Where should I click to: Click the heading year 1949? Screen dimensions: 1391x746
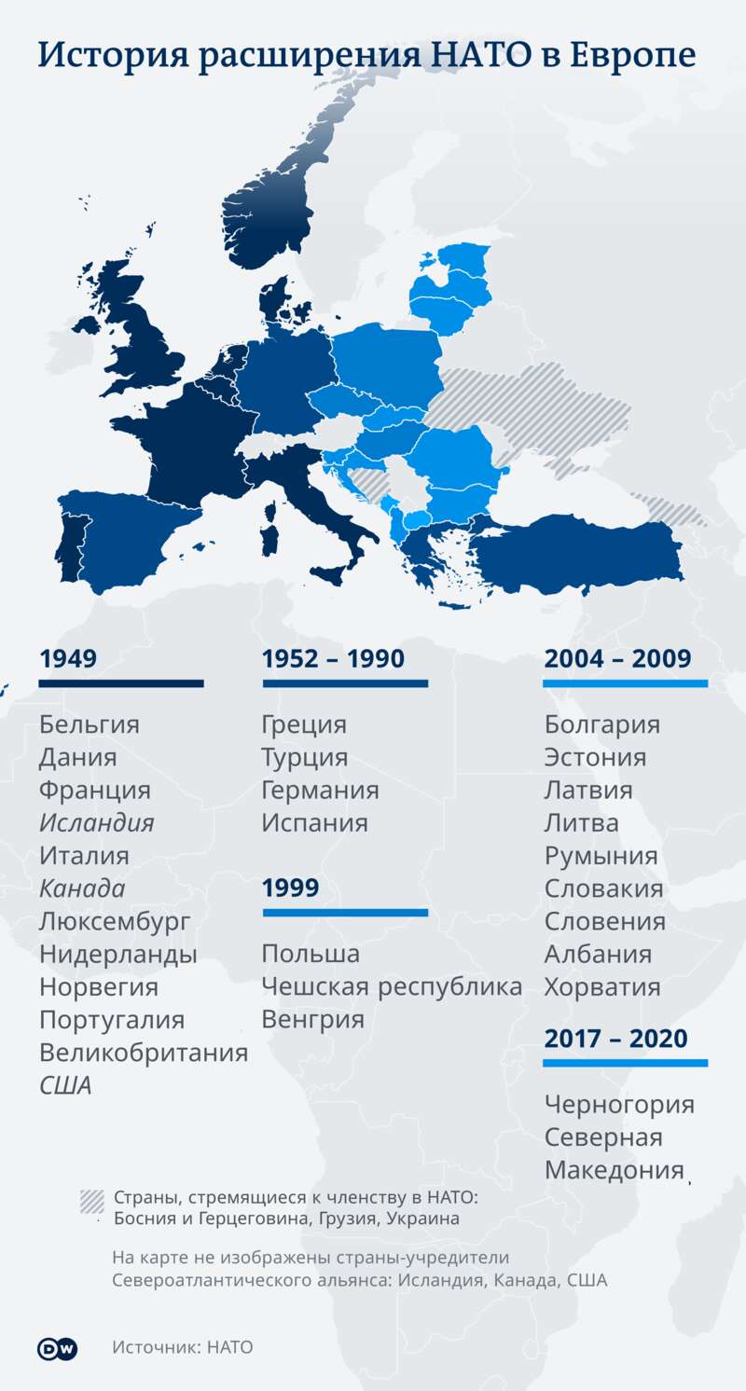pyautogui.click(x=68, y=659)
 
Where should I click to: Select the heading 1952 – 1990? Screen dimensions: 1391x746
pyautogui.click(x=333, y=659)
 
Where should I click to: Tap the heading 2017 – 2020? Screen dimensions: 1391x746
pyautogui.click(x=615, y=1038)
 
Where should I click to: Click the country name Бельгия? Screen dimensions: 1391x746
pyautogui.click(x=89, y=724)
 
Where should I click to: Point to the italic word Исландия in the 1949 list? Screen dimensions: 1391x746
pyautogui.click(x=96, y=823)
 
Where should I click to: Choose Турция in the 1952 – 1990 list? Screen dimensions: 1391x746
pyautogui.click(x=305, y=757)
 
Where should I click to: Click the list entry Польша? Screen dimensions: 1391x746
pyautogui.click(x=311, y=954)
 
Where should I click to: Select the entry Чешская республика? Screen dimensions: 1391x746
pyautogui.click(x=392, y=986)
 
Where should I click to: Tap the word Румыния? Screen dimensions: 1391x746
pyautogui.click(x=601, y=856)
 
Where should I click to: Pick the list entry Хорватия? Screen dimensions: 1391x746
pyautogui.click(x=602, y=986)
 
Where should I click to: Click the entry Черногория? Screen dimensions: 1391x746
pyautogui.click(x=620, y=1105)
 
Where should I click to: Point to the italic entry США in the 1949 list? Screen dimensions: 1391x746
pyautogui.click(x=65, y=1085)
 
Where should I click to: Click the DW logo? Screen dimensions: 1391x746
pyautogui.click(x=57, y=1348)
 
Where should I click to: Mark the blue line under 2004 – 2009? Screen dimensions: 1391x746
pyautogui.click(x=625, y=684)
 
